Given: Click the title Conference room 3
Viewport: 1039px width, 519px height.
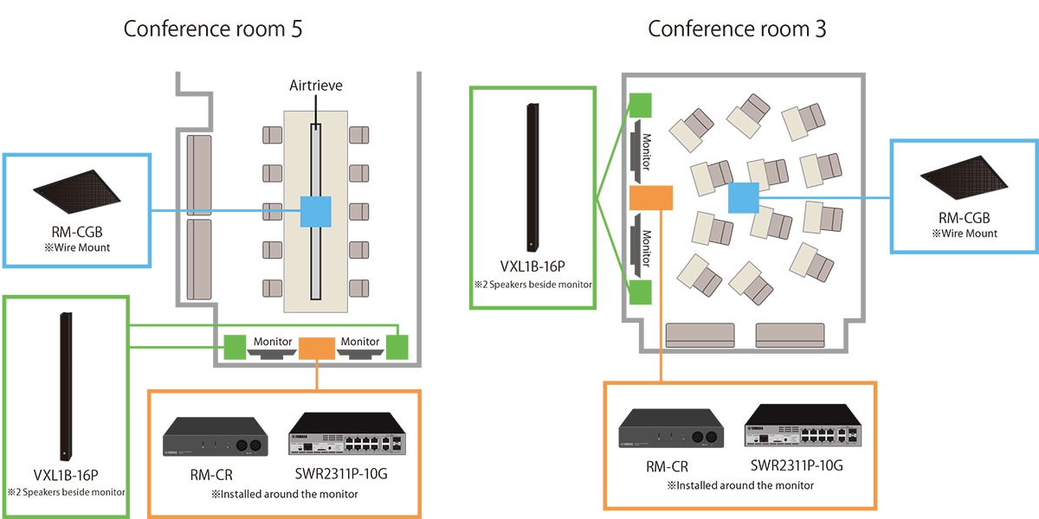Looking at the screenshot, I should [737, 29].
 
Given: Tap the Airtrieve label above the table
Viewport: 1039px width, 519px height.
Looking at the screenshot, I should [316, 86].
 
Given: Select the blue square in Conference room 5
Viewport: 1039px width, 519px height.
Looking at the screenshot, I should [315, 212].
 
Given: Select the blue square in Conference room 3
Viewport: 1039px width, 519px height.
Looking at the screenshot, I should [743, 198].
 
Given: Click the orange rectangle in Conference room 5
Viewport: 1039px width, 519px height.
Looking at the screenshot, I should [316, 349].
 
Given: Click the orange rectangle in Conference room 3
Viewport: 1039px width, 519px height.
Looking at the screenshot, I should [651, 198].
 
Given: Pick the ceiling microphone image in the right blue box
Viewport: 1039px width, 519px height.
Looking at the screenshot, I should [965, 177].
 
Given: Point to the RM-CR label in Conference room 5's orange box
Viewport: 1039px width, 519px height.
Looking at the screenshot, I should [211, 474].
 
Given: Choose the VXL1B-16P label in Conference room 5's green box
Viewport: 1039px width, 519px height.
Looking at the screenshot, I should [65, 476].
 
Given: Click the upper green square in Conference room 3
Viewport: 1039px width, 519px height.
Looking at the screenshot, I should [640, 105].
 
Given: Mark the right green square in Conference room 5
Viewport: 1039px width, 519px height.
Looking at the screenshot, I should [397, 348].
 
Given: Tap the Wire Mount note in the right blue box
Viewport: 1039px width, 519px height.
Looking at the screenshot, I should [965, 234].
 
